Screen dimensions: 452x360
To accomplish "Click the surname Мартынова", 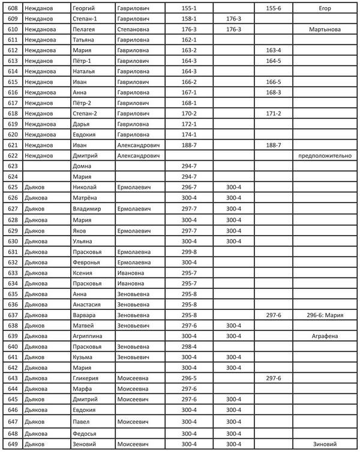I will tap(325, 29).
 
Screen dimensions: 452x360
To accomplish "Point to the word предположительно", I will tap(325, 155).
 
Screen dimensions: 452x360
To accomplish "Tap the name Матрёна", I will tap(85, 197).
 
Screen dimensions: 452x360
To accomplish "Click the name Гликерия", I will tap(86, 378).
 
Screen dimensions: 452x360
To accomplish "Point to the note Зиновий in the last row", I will tap(325, 444).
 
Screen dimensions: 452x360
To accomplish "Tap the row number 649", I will tap(13, 444).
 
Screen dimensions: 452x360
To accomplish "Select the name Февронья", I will tap(86, 262).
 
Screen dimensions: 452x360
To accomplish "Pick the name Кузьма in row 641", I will tap(83, 357).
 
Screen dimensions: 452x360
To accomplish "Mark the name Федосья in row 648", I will tap(85, 433).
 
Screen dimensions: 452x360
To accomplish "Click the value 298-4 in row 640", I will tap(189, 346).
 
